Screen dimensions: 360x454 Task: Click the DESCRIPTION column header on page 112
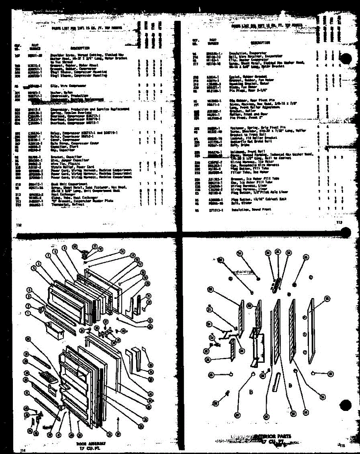pos(79,48)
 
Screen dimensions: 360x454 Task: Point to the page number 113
pos(339,222)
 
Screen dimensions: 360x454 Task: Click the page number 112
pos(19,225)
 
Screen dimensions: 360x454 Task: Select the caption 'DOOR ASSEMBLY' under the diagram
pos(90,441)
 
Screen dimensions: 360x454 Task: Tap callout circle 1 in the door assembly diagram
pos(28,313)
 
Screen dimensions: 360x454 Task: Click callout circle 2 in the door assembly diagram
pos(28,306)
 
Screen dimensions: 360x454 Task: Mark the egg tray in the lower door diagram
pos(48,376)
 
